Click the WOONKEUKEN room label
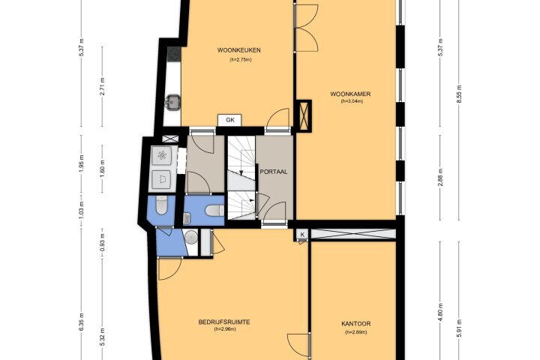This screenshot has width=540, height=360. pyautogui.click(x=238, y=50)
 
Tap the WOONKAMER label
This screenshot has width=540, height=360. pyautogui.click(x=350, y=94)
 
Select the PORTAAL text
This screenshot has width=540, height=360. pyautogui.click(x=274, y=172)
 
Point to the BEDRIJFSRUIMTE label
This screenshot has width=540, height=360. pyautogui.click(x=224, y=322)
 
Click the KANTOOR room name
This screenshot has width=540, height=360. pyautogui.click(x=356, y=324)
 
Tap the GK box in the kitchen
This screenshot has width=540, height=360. pyautogui.click(x=230, y=120)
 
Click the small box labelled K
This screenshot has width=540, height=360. pyautogui.click(x=302, y=235)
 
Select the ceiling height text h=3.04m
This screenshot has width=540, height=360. pyautogui.click(x=352, y=101)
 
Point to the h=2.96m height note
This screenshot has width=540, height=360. pyautogui.click(x=225, y=329)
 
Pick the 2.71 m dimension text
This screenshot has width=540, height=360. pyautogui.click(x=102, y=86)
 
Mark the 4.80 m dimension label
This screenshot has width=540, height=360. pyautogui.click(x=440, y=313)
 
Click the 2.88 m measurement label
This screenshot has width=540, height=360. pyautogui.click(x=440, y=178)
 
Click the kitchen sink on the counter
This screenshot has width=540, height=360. pyautogui.click(x=172, y=102)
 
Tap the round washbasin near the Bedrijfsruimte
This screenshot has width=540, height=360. pyautogui.click(x=190, y=237)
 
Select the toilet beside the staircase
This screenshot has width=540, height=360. pyautogui.click(x=214, y=210)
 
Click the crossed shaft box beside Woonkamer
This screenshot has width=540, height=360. pyautogui.click(x=304, y=115)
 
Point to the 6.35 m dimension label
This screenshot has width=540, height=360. pyautogui.click(x=82, y=322)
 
